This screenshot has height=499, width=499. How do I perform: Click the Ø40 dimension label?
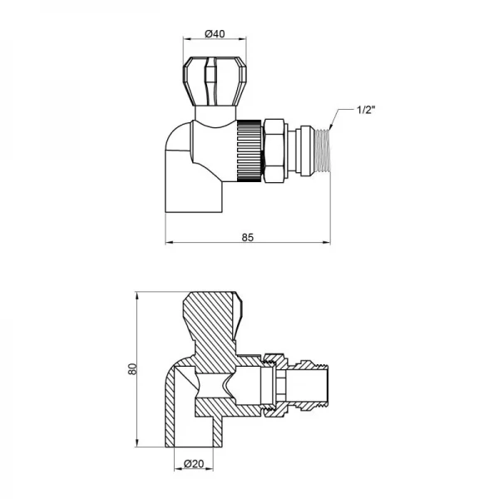tap(215, 34)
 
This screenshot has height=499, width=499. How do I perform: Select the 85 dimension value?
tap(247, 236)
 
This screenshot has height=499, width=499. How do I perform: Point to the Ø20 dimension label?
tap(194, 462)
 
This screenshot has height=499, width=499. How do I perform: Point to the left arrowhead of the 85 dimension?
tap(169, 243)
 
